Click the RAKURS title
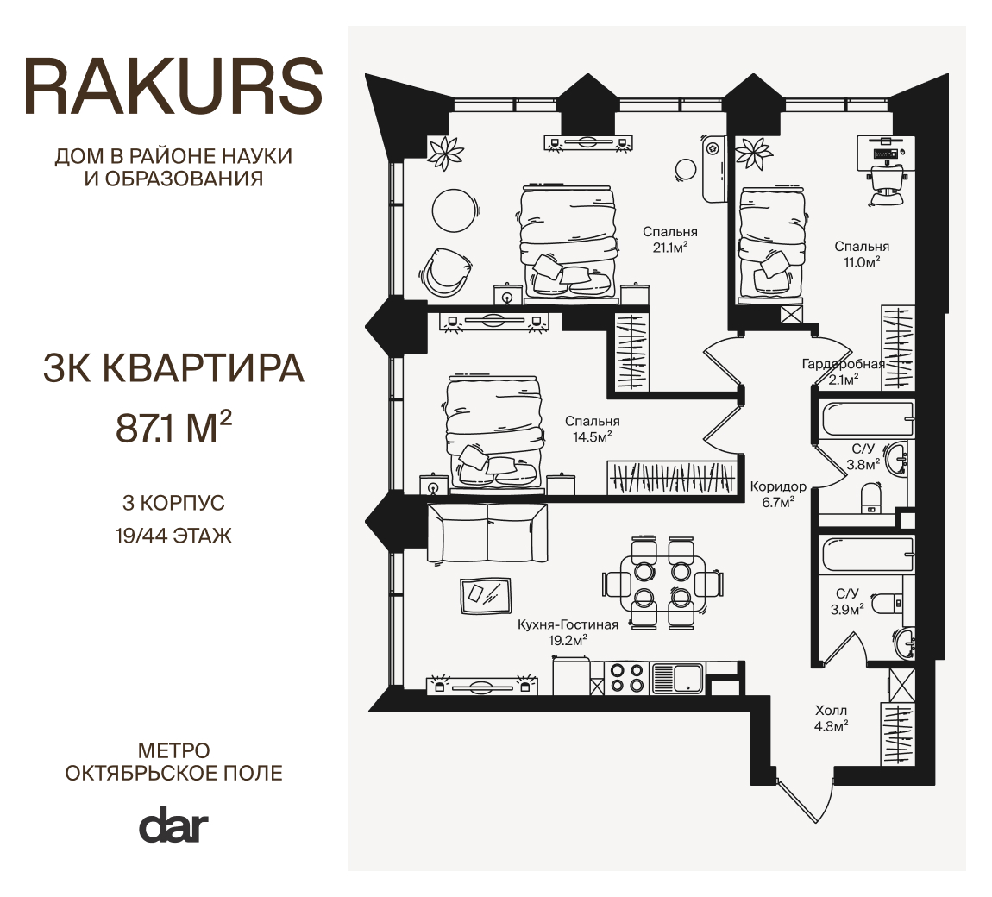(x=173, y=86)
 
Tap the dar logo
(x=173, y=825)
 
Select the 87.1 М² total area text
(x=173, y=426)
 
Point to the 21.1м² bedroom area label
(x=670, y=248)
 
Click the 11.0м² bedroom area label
(x=862, y=262)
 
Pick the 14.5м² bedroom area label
(x=592, y=436)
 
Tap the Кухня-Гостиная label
(x=568, y=625)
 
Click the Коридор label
(x=778, y=486)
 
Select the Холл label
(x=831, y=711)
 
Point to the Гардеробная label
(x=844, y=364)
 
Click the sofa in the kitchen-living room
(x=487, y=533)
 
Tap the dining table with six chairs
(x=662, y=582)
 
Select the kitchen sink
(x=677, y=678)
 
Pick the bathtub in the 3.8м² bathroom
(x=867, y=418)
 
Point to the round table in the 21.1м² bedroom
(x=455, y=211)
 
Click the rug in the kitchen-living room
(x=486, y=595)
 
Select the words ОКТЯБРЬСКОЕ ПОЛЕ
(x=174, y=773)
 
